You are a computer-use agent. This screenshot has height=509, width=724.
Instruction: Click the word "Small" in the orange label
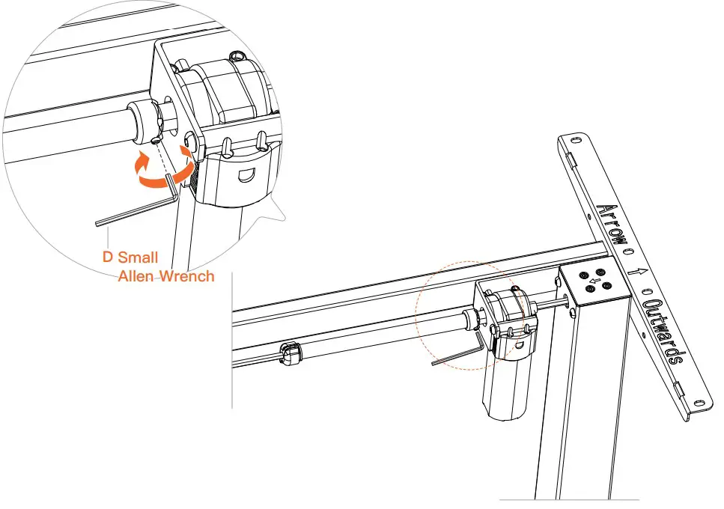[138, 258]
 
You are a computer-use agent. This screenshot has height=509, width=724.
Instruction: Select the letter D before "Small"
[107, 258]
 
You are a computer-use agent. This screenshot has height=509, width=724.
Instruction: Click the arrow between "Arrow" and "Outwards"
[639, 273]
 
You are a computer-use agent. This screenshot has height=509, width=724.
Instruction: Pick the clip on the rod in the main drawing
[290, 352]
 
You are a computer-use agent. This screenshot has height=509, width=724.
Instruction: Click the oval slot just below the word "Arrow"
[627, 252]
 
